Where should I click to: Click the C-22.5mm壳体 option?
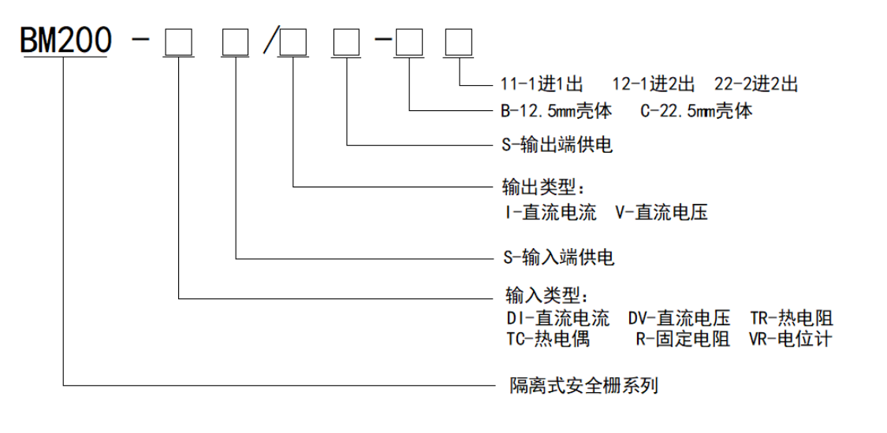point(696,111)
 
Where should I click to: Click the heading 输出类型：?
point(545,188)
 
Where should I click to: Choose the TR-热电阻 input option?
point(792,319)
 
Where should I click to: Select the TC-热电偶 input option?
point(547,339)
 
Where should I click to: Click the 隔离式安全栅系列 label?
point(580,386)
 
